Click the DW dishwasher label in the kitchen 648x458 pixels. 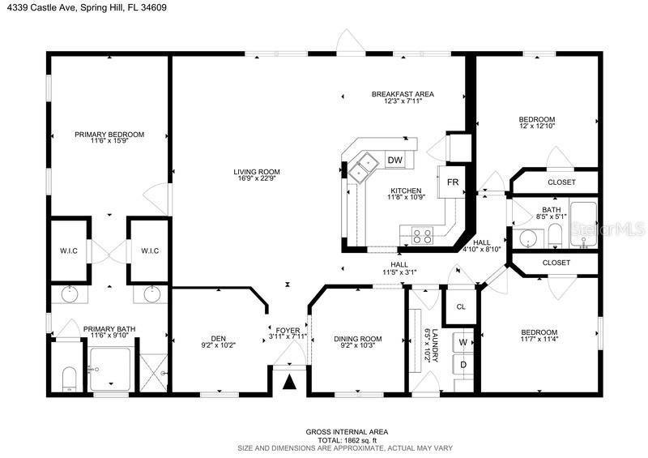(395, 160)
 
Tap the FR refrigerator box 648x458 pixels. (452, 182)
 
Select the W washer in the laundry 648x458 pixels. (463, 342)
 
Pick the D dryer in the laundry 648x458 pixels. (463, 365)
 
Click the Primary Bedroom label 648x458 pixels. (109, 135)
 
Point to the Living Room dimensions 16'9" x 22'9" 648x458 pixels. (257, 178)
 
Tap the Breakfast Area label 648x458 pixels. (403, 94)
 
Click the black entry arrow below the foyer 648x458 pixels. (290, 382)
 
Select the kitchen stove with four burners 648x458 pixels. (422, 236)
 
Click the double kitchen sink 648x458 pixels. (363, 166)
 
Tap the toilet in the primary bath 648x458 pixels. (69, 379)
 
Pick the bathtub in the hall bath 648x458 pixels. (583, 225)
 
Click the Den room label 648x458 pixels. (218, 338)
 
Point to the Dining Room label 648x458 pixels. (358, 339)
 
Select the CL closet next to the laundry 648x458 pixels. (460, 306)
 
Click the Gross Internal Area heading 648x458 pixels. (347, 432)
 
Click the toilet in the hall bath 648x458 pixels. (555, 236)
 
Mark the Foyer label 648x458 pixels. (288, 331)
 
